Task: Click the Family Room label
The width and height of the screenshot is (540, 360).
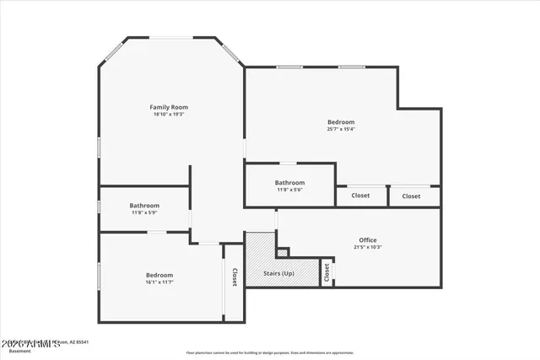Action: [169, 107]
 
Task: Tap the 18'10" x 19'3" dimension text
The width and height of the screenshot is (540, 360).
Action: [169, 115]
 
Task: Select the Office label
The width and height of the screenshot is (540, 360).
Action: [368, 240]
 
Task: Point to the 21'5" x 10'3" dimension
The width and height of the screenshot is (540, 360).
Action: [368, 247]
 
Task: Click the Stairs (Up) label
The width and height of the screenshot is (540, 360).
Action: [279, 274]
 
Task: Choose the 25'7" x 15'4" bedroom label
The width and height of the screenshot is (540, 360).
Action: [341, 122]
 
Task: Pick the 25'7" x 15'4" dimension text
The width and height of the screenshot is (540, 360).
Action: [341, 129]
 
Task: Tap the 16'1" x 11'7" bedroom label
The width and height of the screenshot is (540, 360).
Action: [159, 276]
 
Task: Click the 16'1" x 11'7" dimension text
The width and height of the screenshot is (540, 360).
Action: [159, 282]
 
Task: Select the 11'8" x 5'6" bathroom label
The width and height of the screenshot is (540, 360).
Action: [289, 183]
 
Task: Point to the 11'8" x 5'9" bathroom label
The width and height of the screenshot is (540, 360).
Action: [144, 206]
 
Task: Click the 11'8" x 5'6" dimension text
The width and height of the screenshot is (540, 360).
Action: [289, 190]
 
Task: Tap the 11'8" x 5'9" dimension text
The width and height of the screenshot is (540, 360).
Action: [144, 212]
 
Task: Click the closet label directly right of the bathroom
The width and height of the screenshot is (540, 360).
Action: [360, 196]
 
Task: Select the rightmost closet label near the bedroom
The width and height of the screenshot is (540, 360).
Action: [411, 196]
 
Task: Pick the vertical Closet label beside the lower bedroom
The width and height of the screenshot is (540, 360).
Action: [235, 277]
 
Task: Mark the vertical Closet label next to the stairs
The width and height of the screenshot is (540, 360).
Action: [327, 272]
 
